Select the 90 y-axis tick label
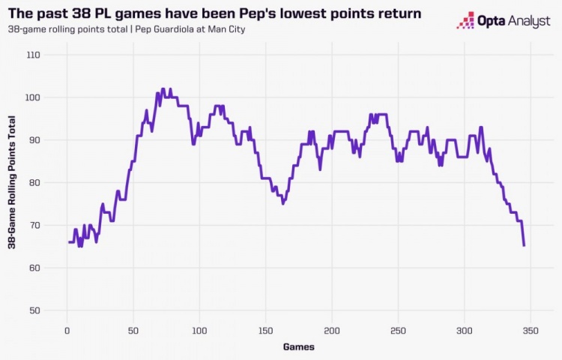pyautogui.click(x=34, y=140)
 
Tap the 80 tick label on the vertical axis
pyautogui.click(x=34, y=182)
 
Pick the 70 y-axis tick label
pyautogui.click(x=34, y=225)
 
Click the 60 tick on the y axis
pyautogui.click(x=34, y=268)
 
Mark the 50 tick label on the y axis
pyautogui.click(x=34, y=310)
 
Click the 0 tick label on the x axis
pyautogui.click(x=67, y=330)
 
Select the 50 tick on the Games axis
pyautogui.click(x=133, y=330)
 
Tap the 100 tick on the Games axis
pyautogui.click(x=199, y=330)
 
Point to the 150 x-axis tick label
pyautogui.click(x=265, y=330)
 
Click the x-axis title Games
pyautogui.click(x=298, y=346)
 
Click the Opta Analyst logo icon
pyautogui.click(x=465, y=20)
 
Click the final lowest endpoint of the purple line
pyautogui.click(x=524, y=245)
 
